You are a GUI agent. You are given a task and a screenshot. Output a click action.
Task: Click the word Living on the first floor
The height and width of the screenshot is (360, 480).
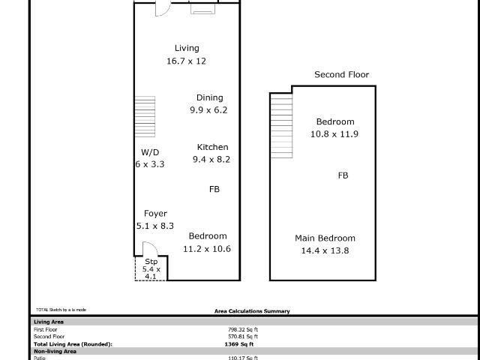(x=187, y=48)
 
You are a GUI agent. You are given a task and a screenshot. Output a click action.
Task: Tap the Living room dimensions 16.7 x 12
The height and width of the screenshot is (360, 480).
(x=186, y=61)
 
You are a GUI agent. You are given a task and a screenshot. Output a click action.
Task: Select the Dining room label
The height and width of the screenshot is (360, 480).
(x=209, y=97)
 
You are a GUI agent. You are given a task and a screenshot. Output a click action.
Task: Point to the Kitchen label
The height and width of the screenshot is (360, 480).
(x=212, y=147)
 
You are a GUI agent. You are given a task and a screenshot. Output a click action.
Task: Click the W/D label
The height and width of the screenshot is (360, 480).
(x=150, y=151)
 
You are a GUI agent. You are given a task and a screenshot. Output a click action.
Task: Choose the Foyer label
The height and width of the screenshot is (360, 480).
(x=155, y=214)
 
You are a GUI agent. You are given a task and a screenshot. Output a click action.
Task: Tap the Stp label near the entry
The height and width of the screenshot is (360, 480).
(x=151, y=261)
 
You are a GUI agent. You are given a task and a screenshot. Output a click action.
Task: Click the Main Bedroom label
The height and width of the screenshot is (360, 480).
(x=325, y=238)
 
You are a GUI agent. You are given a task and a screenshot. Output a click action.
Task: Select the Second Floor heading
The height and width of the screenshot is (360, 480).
(x=341, y=74)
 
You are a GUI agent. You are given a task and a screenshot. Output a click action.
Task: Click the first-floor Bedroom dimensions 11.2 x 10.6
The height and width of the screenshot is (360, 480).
(x=207, y=248)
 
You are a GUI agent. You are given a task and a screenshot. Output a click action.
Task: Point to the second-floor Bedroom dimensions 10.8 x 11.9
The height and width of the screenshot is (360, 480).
(x=334, y=134)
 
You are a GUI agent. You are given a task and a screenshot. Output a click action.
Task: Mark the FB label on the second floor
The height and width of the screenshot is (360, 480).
(x=343, y=175)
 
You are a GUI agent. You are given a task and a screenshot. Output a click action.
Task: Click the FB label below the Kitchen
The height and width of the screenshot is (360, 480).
(x=214, y=190)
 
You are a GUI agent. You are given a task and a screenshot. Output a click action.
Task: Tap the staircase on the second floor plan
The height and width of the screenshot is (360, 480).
(x=281, y=125)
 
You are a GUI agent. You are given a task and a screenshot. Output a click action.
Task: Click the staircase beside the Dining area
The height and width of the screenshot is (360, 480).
(x=144, y=116)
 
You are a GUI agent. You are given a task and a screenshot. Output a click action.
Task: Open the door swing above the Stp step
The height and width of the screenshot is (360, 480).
(x=148, y=249)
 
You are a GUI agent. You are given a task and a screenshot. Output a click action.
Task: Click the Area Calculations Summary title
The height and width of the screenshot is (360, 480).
(x=252, y=311)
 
